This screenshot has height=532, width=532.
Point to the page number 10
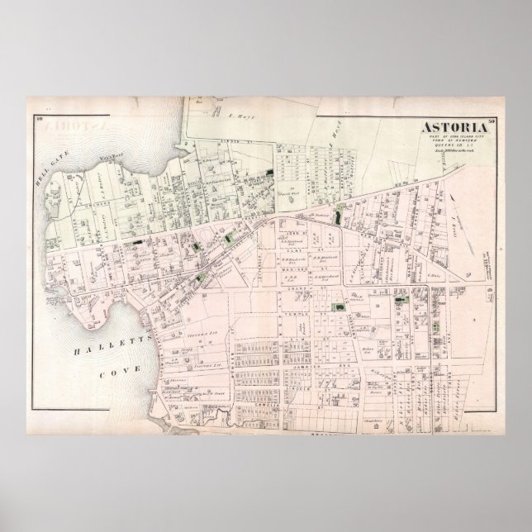(x=39, y=122)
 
